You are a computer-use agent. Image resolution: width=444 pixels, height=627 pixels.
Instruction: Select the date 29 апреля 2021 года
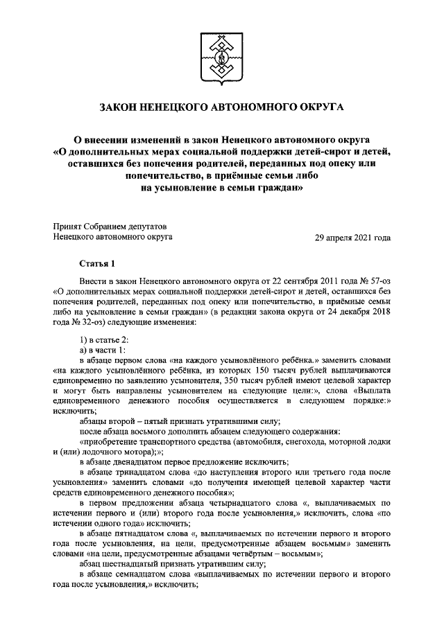(352, 237)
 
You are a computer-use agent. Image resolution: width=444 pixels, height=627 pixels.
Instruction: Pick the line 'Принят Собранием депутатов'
(110, 226)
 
